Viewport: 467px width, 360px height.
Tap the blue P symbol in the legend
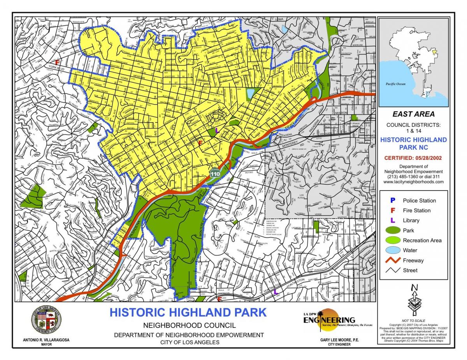click(393, 201)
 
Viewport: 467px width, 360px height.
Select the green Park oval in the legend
click(393, 231)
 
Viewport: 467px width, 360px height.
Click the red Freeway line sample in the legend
click(393, 260)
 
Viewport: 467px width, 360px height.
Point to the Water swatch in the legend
click(393, 250)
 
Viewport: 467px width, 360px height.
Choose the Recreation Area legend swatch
click(393, 240)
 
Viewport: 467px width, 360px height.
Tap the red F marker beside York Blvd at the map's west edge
click(58, 62)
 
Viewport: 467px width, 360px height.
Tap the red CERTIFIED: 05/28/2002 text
click(413, 158)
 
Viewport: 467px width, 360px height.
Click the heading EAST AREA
click(413, 114)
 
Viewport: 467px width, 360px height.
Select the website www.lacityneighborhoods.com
click(413, 182)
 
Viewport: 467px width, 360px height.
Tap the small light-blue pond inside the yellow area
click(250, 93)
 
